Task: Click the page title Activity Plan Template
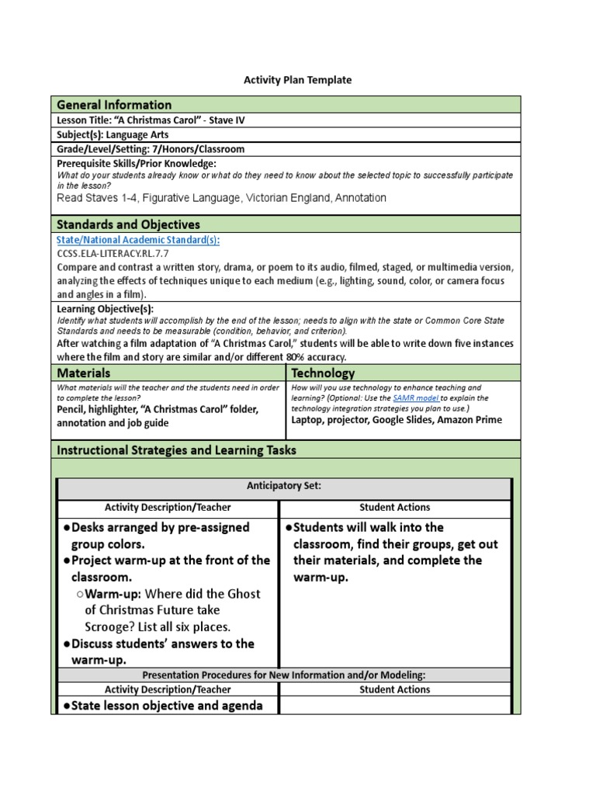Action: point(298,80)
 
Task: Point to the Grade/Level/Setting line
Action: point(151,149)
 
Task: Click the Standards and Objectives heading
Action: point(128,224)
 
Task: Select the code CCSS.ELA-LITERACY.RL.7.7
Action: point(113,253)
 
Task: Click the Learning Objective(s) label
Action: point(105,309)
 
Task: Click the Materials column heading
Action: point(85,373)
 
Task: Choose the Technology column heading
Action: point(323,373)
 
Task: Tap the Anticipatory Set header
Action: point(284,486)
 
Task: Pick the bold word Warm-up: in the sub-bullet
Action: point(114,594)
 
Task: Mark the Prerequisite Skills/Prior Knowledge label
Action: point(137,164)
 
